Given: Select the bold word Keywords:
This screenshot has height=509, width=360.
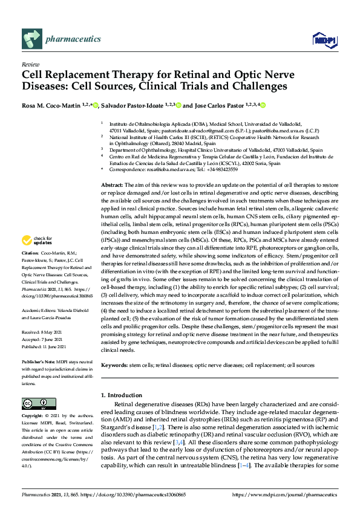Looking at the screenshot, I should [x=114, y=366].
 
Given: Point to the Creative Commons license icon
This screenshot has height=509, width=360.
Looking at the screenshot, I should [x=35, y=403].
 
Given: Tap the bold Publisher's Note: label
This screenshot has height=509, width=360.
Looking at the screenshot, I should [x=41, y=361].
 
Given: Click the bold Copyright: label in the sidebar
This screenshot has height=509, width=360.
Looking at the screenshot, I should [x=34, y=417].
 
